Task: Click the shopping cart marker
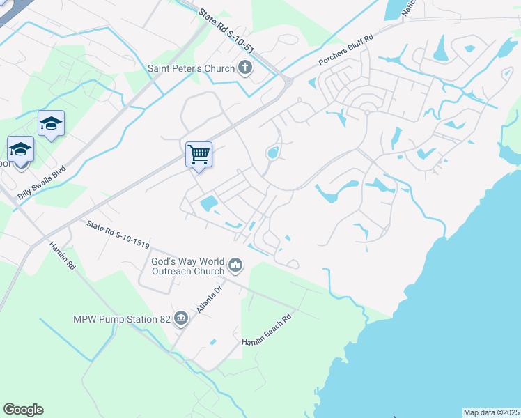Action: pyautogui.click(x=199, y=154)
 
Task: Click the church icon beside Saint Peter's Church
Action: pyautogui.click(x=244, y=68)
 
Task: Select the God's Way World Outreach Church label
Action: pyautogui.click(x=188, y=266)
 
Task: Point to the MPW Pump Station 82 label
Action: pyautogui.click(x=123, y=319)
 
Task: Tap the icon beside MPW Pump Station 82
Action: pyautogui.click(x=182, y=318)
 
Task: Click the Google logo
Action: pyautogui.click(x=23, y=410)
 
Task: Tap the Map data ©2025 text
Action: pyautogui.click(x=491, y=412)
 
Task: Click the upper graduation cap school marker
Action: pyautogui.click(x=52, y=124)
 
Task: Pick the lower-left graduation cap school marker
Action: pyautogui.click(x=20, y=150)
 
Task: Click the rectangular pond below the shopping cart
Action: pyautogui.click(x=208, y=203)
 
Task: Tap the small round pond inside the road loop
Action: pyautogui.click(x=273, y=152)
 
